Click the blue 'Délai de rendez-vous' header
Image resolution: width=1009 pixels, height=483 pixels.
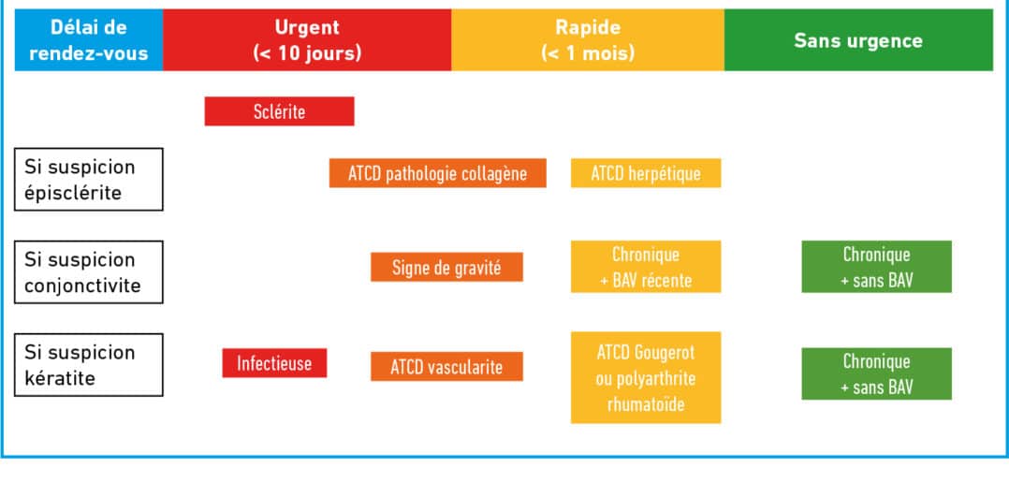(89, 40)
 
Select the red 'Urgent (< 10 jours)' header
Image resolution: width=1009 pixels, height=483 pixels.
(307, 40)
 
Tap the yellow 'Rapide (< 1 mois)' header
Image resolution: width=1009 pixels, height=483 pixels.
(588, 40)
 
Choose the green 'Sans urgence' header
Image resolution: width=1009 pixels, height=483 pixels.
(858, 40)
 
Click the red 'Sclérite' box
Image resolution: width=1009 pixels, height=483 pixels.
(279, 111)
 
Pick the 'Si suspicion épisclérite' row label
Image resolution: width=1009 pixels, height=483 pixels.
(89, 180)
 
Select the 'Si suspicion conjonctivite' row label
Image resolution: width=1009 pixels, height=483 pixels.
(89, 272)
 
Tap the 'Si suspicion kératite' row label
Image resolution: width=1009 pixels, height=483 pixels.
(89, 365)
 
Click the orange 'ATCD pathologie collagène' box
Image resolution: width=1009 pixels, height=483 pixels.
(438, 173)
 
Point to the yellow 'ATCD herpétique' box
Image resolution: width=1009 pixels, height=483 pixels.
(646, 173)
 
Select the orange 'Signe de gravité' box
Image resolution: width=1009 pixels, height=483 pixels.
(446, 267)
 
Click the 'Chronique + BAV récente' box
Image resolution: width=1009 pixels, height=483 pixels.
(646, 267)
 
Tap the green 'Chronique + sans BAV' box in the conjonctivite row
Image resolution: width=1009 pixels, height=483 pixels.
(876, 267)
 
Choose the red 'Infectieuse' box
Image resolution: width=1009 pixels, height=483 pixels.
(275, 363)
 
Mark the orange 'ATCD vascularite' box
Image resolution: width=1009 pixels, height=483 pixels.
(446, 367)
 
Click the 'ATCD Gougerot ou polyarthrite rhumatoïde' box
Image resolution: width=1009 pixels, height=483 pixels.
(646, 377)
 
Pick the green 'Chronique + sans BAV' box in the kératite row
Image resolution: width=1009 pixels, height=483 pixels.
(876, 373)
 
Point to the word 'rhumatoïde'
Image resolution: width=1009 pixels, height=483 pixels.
(646, 404)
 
